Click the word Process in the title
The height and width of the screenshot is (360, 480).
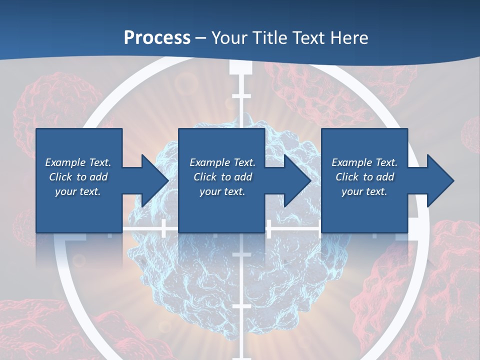157,38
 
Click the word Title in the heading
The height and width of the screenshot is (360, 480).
268,38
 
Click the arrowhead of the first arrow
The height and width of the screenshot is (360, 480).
155,180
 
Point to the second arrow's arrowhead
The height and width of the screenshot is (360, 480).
297,180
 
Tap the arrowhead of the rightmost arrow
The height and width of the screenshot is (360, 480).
440,180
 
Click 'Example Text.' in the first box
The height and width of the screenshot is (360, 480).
78,162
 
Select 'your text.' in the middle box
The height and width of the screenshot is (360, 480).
222,191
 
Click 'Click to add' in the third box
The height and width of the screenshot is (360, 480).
364,177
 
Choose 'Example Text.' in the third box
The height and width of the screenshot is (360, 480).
364,162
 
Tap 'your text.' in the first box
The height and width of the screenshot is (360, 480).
78,191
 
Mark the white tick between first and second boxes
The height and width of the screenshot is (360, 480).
163,228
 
